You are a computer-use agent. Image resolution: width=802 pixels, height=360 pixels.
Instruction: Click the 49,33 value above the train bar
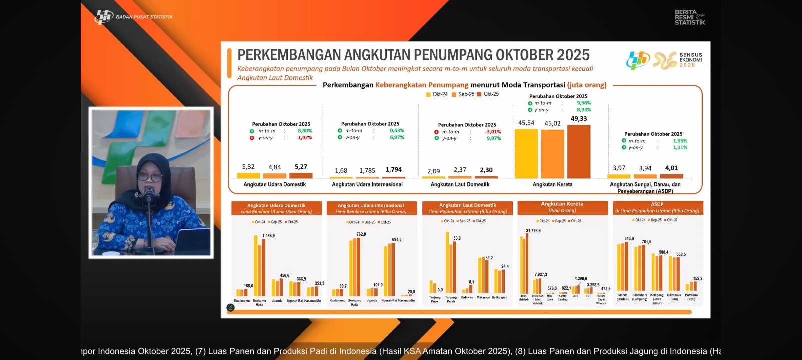coord(579,119)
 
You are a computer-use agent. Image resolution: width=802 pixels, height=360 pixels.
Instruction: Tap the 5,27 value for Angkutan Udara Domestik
coord(301,167)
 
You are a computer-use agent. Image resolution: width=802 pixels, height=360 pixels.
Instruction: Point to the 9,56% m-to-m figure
coord(584,103)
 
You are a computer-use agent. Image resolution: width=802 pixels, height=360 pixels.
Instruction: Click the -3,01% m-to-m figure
coord(493,132)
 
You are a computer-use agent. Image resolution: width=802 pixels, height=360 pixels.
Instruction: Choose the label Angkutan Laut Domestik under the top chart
coord(460,185)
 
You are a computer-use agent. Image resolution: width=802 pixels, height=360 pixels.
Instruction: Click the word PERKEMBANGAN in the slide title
coord(289,55)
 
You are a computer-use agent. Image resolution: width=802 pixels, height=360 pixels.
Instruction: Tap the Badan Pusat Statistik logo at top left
coord(104,17)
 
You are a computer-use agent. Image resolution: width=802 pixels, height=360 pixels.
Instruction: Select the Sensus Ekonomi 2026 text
coord(690,60)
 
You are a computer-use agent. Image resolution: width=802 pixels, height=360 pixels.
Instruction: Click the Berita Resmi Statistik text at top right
coord(689,17)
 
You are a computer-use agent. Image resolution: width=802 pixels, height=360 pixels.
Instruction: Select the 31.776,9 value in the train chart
coord(533,231)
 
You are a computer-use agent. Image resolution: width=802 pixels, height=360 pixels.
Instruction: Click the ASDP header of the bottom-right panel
coord(657,204)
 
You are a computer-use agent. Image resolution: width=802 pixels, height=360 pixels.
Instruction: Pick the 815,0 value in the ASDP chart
coord(629,239)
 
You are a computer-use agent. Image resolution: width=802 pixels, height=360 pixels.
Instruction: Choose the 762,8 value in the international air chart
coord(361,234)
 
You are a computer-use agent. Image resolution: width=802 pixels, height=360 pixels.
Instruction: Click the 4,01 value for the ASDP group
coord(671,168)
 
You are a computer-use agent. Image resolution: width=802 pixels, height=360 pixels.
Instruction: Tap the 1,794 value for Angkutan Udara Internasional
coord(393,170)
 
